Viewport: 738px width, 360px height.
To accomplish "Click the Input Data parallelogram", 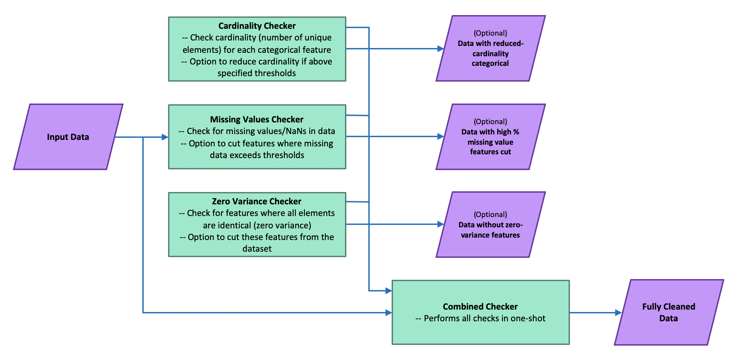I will point(68,137).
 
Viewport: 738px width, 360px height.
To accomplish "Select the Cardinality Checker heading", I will point(257,26).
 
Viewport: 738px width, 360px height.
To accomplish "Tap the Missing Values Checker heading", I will point(257,119).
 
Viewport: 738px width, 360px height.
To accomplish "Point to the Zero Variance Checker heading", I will point(257,201).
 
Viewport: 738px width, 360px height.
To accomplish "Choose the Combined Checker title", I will point(480,307).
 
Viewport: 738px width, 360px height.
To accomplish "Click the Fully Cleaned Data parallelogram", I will point(668,312).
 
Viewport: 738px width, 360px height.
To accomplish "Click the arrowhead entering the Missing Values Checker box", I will point(165,137).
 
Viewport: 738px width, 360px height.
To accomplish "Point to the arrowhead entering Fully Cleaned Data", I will point(618,313).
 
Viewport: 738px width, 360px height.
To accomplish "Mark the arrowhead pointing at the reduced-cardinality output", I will point(441,49).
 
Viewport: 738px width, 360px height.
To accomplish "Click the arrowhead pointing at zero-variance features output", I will point(441,224).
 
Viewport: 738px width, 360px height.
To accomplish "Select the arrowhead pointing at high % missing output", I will point(441,136).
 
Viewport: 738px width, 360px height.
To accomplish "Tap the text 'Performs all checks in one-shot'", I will point(484,319).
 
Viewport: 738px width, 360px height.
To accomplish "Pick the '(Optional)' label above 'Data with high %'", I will point(490,122).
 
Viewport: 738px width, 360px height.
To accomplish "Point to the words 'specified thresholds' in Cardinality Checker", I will point(257,73).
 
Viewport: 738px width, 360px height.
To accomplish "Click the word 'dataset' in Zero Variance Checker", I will point(257,249).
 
